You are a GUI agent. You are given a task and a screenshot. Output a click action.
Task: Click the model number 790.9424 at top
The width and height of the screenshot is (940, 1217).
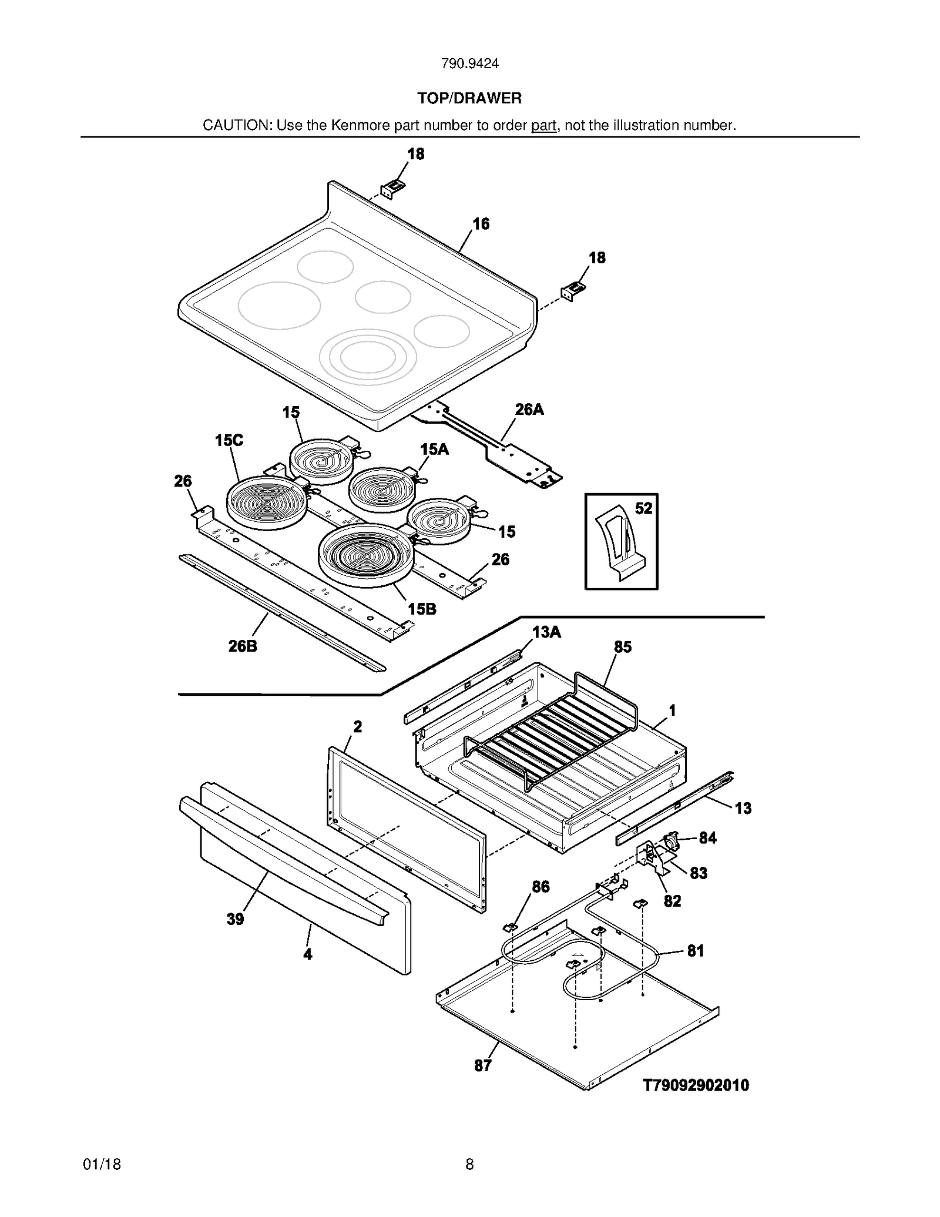(x=469, y=64)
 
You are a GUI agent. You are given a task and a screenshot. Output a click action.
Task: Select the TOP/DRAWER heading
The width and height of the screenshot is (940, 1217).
(x=469, y=98)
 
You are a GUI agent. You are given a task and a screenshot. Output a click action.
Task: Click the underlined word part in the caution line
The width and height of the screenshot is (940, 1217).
(x=543, y=126)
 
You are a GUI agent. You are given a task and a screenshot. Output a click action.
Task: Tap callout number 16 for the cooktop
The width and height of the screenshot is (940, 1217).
(x=481, y=224)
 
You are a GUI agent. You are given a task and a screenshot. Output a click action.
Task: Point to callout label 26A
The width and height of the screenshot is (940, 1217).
(x=529, y=410)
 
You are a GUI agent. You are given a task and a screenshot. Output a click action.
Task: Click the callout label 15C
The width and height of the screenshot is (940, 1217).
(x=229, y=440)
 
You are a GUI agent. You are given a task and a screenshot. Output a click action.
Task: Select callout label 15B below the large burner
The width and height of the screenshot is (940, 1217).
(x=422, y=609)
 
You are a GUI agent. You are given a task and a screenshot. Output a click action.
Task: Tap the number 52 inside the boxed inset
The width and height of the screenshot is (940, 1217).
(x=643, y=508)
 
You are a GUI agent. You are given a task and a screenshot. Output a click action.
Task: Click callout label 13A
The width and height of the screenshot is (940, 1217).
(x=546, y=632)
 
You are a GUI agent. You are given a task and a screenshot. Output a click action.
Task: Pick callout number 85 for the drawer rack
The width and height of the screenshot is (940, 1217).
(x=622, y=647)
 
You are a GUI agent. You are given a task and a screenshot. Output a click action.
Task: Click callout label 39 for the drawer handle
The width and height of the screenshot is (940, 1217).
(x=235, y=919)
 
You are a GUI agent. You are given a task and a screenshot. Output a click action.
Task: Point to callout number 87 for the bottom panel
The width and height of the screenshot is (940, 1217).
(x=482, y=1065)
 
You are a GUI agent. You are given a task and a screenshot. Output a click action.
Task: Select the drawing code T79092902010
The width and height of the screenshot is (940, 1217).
(x=696, y=1085)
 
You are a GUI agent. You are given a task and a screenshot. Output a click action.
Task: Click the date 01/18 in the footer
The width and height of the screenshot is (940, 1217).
(x=102, y=1164)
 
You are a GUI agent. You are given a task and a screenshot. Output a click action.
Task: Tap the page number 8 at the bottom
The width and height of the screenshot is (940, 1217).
(x=469, y=1164)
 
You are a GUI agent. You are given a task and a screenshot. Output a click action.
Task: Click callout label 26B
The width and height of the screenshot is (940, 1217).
(x=243, y=646)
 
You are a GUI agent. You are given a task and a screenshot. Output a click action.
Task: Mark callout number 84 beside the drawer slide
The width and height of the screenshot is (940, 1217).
(x=707, y=838)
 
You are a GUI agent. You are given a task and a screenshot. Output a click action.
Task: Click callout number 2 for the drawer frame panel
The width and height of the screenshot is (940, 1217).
(x=357, y=727)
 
